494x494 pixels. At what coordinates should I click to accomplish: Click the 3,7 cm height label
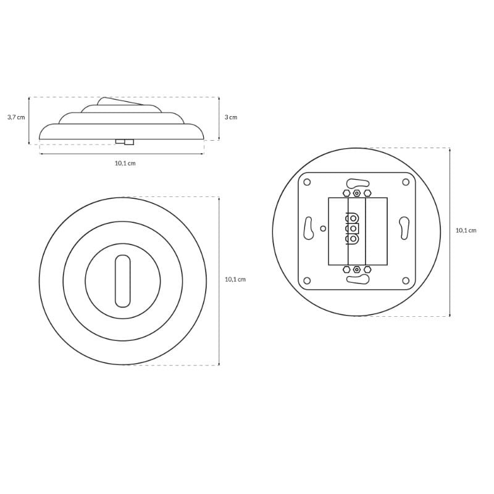coord(16,117)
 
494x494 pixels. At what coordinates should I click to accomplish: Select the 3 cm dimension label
coord(231,117)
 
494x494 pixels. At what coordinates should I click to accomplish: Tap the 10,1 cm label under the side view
coord(125,163)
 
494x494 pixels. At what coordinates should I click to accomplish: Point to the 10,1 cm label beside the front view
coord(235,280)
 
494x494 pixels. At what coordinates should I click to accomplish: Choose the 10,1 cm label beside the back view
coord(466,230)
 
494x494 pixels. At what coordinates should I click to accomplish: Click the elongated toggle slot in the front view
coord(122,281)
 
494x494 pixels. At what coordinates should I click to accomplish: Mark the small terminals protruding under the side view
coord(125,142)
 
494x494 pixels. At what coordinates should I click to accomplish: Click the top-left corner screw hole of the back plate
coord(307,182)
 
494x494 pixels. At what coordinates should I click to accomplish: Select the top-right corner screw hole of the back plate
coord(406,182)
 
